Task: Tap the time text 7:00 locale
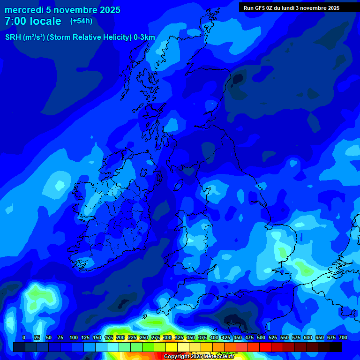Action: pos(33,21)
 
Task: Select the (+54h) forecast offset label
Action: pos(81,21)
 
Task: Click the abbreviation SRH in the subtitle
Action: pos(13,37)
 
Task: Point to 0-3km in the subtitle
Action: pos(144,37)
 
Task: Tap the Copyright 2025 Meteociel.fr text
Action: pos(199,356)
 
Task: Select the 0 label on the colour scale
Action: pos(24,337)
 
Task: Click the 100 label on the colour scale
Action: pos(74,337)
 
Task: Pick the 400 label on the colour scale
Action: pos(214,337)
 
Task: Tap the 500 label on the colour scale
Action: pos(261,337)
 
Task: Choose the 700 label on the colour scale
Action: pos(343,337)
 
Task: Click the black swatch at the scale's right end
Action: pos(336,347)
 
